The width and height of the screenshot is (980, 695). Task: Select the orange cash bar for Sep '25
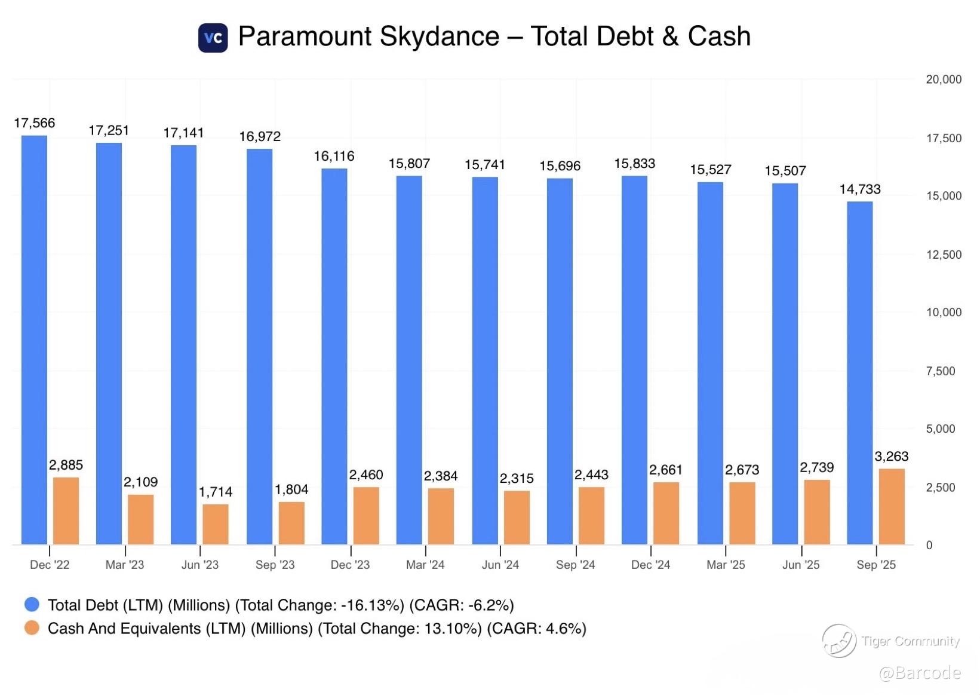[892, 506]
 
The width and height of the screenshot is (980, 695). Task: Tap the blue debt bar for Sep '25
[859, 373]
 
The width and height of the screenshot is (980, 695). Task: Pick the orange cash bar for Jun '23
[215, 524]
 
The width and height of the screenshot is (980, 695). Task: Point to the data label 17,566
[35, 123]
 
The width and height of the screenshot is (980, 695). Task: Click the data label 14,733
[859, 189]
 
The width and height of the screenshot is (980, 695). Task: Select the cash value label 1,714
[215, 492]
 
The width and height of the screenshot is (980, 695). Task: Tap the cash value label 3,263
[891, 457]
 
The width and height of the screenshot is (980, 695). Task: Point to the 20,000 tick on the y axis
[943, 79]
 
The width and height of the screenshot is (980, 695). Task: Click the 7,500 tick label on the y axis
[940, 371]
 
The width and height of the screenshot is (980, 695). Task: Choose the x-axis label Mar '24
[425, 565]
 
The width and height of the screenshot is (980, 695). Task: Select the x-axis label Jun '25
[801, 565]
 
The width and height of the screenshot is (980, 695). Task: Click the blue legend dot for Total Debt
[32, 605]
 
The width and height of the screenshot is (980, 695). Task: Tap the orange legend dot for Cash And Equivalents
[32, 628]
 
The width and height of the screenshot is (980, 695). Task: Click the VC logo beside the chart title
[213, 38]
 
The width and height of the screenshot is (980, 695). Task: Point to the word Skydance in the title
[440, 36]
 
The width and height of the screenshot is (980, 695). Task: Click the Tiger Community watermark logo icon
[839, 641]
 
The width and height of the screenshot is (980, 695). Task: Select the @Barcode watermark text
[920, 673]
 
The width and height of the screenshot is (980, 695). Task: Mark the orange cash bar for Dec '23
[366, 515]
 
